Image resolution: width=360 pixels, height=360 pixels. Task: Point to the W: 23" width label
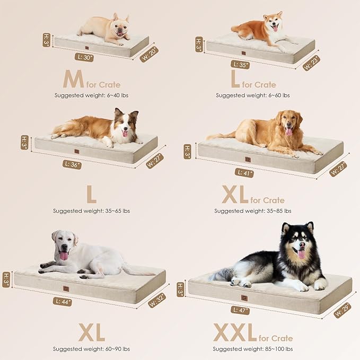coord(311,63)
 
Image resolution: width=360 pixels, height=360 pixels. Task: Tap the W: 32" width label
coord(156,300)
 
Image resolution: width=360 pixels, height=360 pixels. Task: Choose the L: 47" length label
coord(240,310)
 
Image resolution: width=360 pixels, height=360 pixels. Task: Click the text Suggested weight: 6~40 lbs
coord(91,95)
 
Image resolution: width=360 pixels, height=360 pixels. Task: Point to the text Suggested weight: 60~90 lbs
coord(91,349)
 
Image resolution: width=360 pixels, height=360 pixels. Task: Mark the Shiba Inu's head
coord(274,22)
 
